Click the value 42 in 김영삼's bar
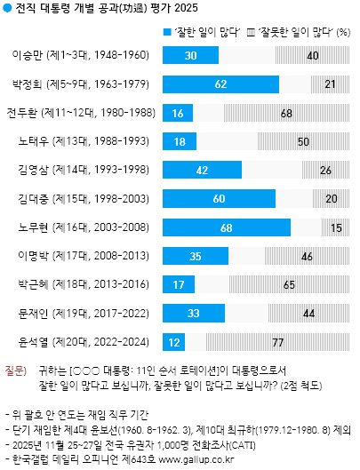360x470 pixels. [202, 170]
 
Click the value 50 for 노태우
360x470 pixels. [302, 141]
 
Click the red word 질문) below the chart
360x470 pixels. [17, 367]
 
